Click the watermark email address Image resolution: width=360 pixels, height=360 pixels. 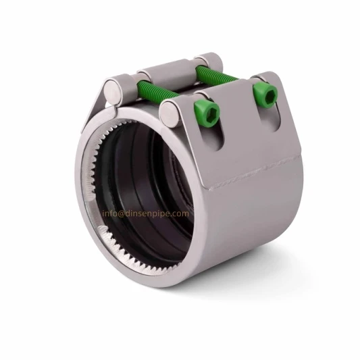146,213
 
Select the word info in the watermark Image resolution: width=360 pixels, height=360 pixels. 110,213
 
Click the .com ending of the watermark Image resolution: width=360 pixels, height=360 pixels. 181,213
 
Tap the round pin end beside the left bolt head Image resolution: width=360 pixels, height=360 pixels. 169,109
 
